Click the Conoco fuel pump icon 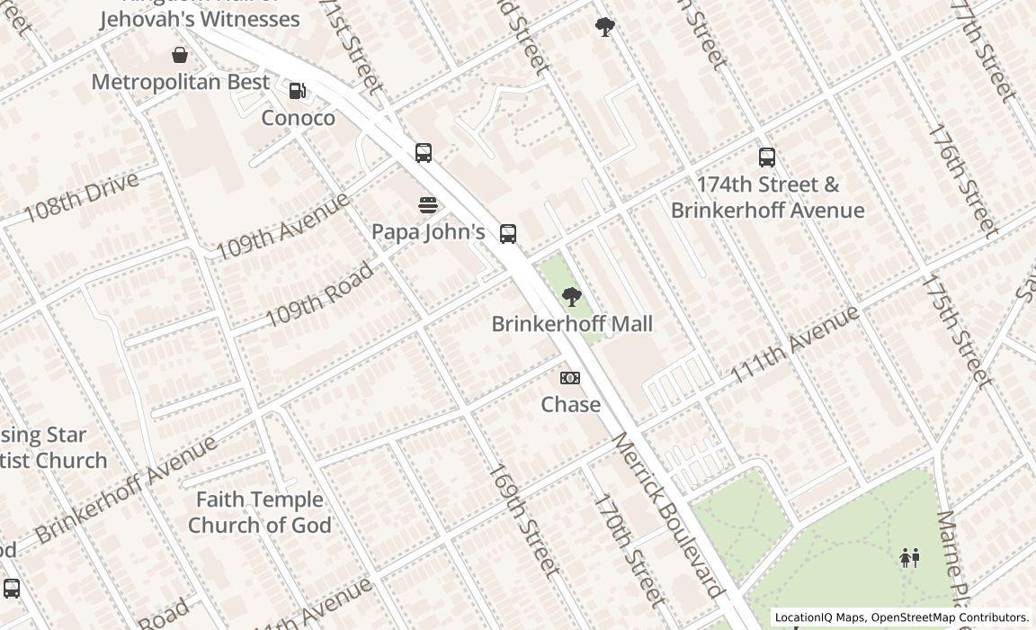(297, 90)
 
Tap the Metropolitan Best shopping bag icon (180, 55)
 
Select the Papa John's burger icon (428, 205)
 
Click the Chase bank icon (570, 378)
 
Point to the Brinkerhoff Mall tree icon (571, 297)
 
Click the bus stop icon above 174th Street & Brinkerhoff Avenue (767, 157)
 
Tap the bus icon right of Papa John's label (508, 234)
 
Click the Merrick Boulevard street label (668, 515)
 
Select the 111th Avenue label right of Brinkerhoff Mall (794, 345)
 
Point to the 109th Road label (319, 295)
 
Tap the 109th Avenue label (281, 226)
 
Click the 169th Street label (523, 519)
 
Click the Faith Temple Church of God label (260, 512)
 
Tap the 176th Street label (962, 180)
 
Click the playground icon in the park (910, 558)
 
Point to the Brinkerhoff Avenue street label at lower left (126, 489)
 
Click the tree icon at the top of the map (605, 27)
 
